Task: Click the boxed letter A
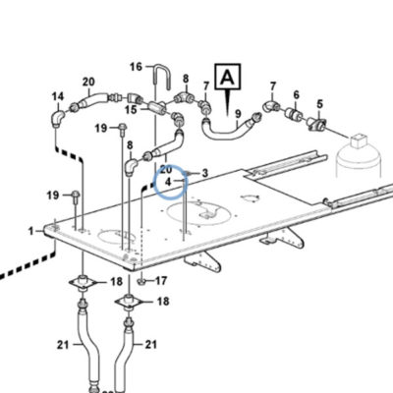point(228,78)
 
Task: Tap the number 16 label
point(137,67)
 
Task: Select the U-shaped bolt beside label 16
point(162,78)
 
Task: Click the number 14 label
point(58,96)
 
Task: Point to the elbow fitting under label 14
point(58,118)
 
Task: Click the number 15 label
point(131,110)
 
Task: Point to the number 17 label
point(161,281)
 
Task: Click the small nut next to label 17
point(141,281)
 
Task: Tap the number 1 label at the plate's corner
point(31,232)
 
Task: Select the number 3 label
point(205,173)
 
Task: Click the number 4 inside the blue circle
point(168,181)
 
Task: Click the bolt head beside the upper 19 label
point(122,127)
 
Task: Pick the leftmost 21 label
point(63,345)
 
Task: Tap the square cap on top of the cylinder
point(359,140)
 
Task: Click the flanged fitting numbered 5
point(317,125)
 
